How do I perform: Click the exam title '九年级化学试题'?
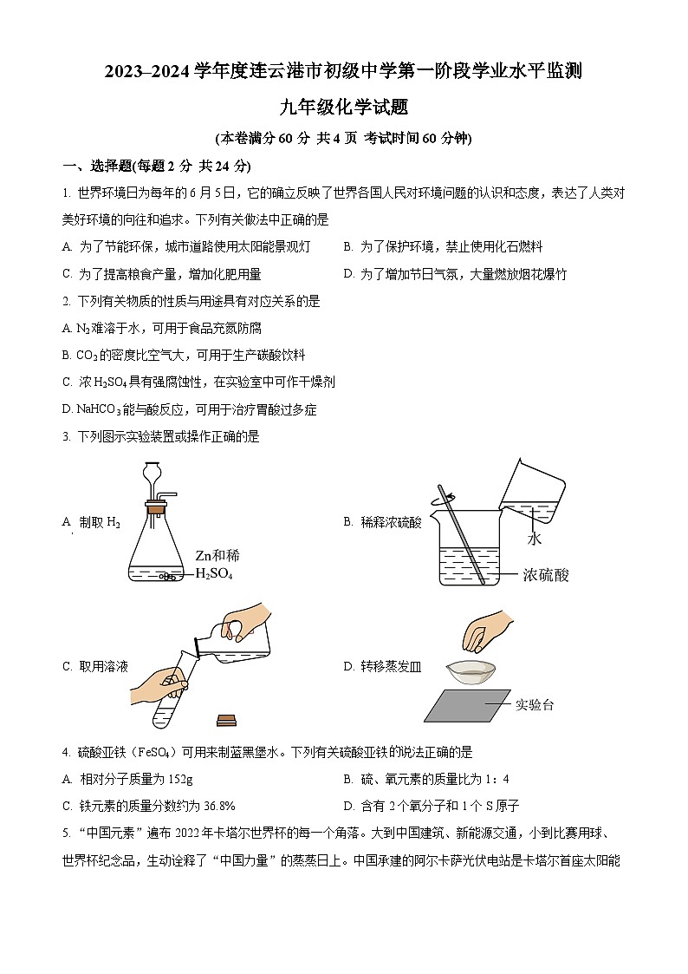tap(343, 108)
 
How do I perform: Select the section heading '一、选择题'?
tap(95, 166)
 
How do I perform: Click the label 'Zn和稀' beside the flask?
tap(217, 555)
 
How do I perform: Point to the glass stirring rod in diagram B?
tap(460, 529)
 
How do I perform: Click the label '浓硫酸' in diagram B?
tap(546, 574)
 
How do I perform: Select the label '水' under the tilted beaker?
tap(535, 539)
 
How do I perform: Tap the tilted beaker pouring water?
tap(530, 490)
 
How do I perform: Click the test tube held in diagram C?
tap(168, 703)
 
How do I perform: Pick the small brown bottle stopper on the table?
tap(227, 719)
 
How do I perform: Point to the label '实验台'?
tap(535, 704)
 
